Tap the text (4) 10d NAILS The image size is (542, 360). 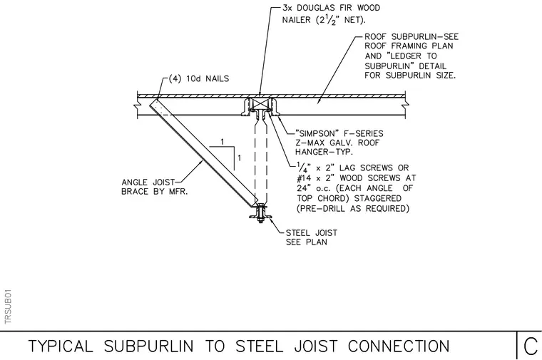pos(199,78)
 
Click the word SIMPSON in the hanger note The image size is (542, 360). pos(317,134)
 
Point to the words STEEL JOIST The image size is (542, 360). pos(312,233)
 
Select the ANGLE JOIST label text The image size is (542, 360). pos(148,182)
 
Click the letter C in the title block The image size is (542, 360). pos(531,346)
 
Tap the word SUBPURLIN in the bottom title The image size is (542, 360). pos(148,346)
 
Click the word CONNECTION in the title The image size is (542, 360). pos(399,346)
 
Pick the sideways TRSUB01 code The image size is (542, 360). pos(9,307)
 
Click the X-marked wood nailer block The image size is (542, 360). pos(260,103)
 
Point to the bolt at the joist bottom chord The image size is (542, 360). pos(260,213)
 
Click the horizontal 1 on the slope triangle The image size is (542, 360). pos(223,142)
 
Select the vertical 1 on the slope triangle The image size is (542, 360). pos(239,158)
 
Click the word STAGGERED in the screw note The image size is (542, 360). pos(378,198)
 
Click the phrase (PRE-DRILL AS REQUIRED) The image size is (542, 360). pos(353,209)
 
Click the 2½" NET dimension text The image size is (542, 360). pos(340,20)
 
